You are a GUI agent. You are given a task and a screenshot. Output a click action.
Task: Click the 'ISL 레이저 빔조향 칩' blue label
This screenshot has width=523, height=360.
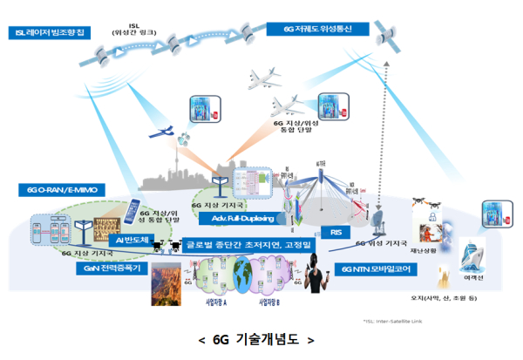pyautogui.click(x=49, y=33)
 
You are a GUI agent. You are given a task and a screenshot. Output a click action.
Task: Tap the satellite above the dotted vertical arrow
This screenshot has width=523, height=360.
pyautogui.click(x=386, y=35)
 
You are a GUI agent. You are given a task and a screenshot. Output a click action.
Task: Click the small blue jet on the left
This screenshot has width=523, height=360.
pyautogui.click(x=163, y=133)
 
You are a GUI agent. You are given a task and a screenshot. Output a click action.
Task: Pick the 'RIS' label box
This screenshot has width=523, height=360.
pyautogui.click(x=336, y=232)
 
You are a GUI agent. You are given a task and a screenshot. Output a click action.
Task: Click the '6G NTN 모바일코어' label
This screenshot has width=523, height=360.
pyautogui.click(x=373, y=269)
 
